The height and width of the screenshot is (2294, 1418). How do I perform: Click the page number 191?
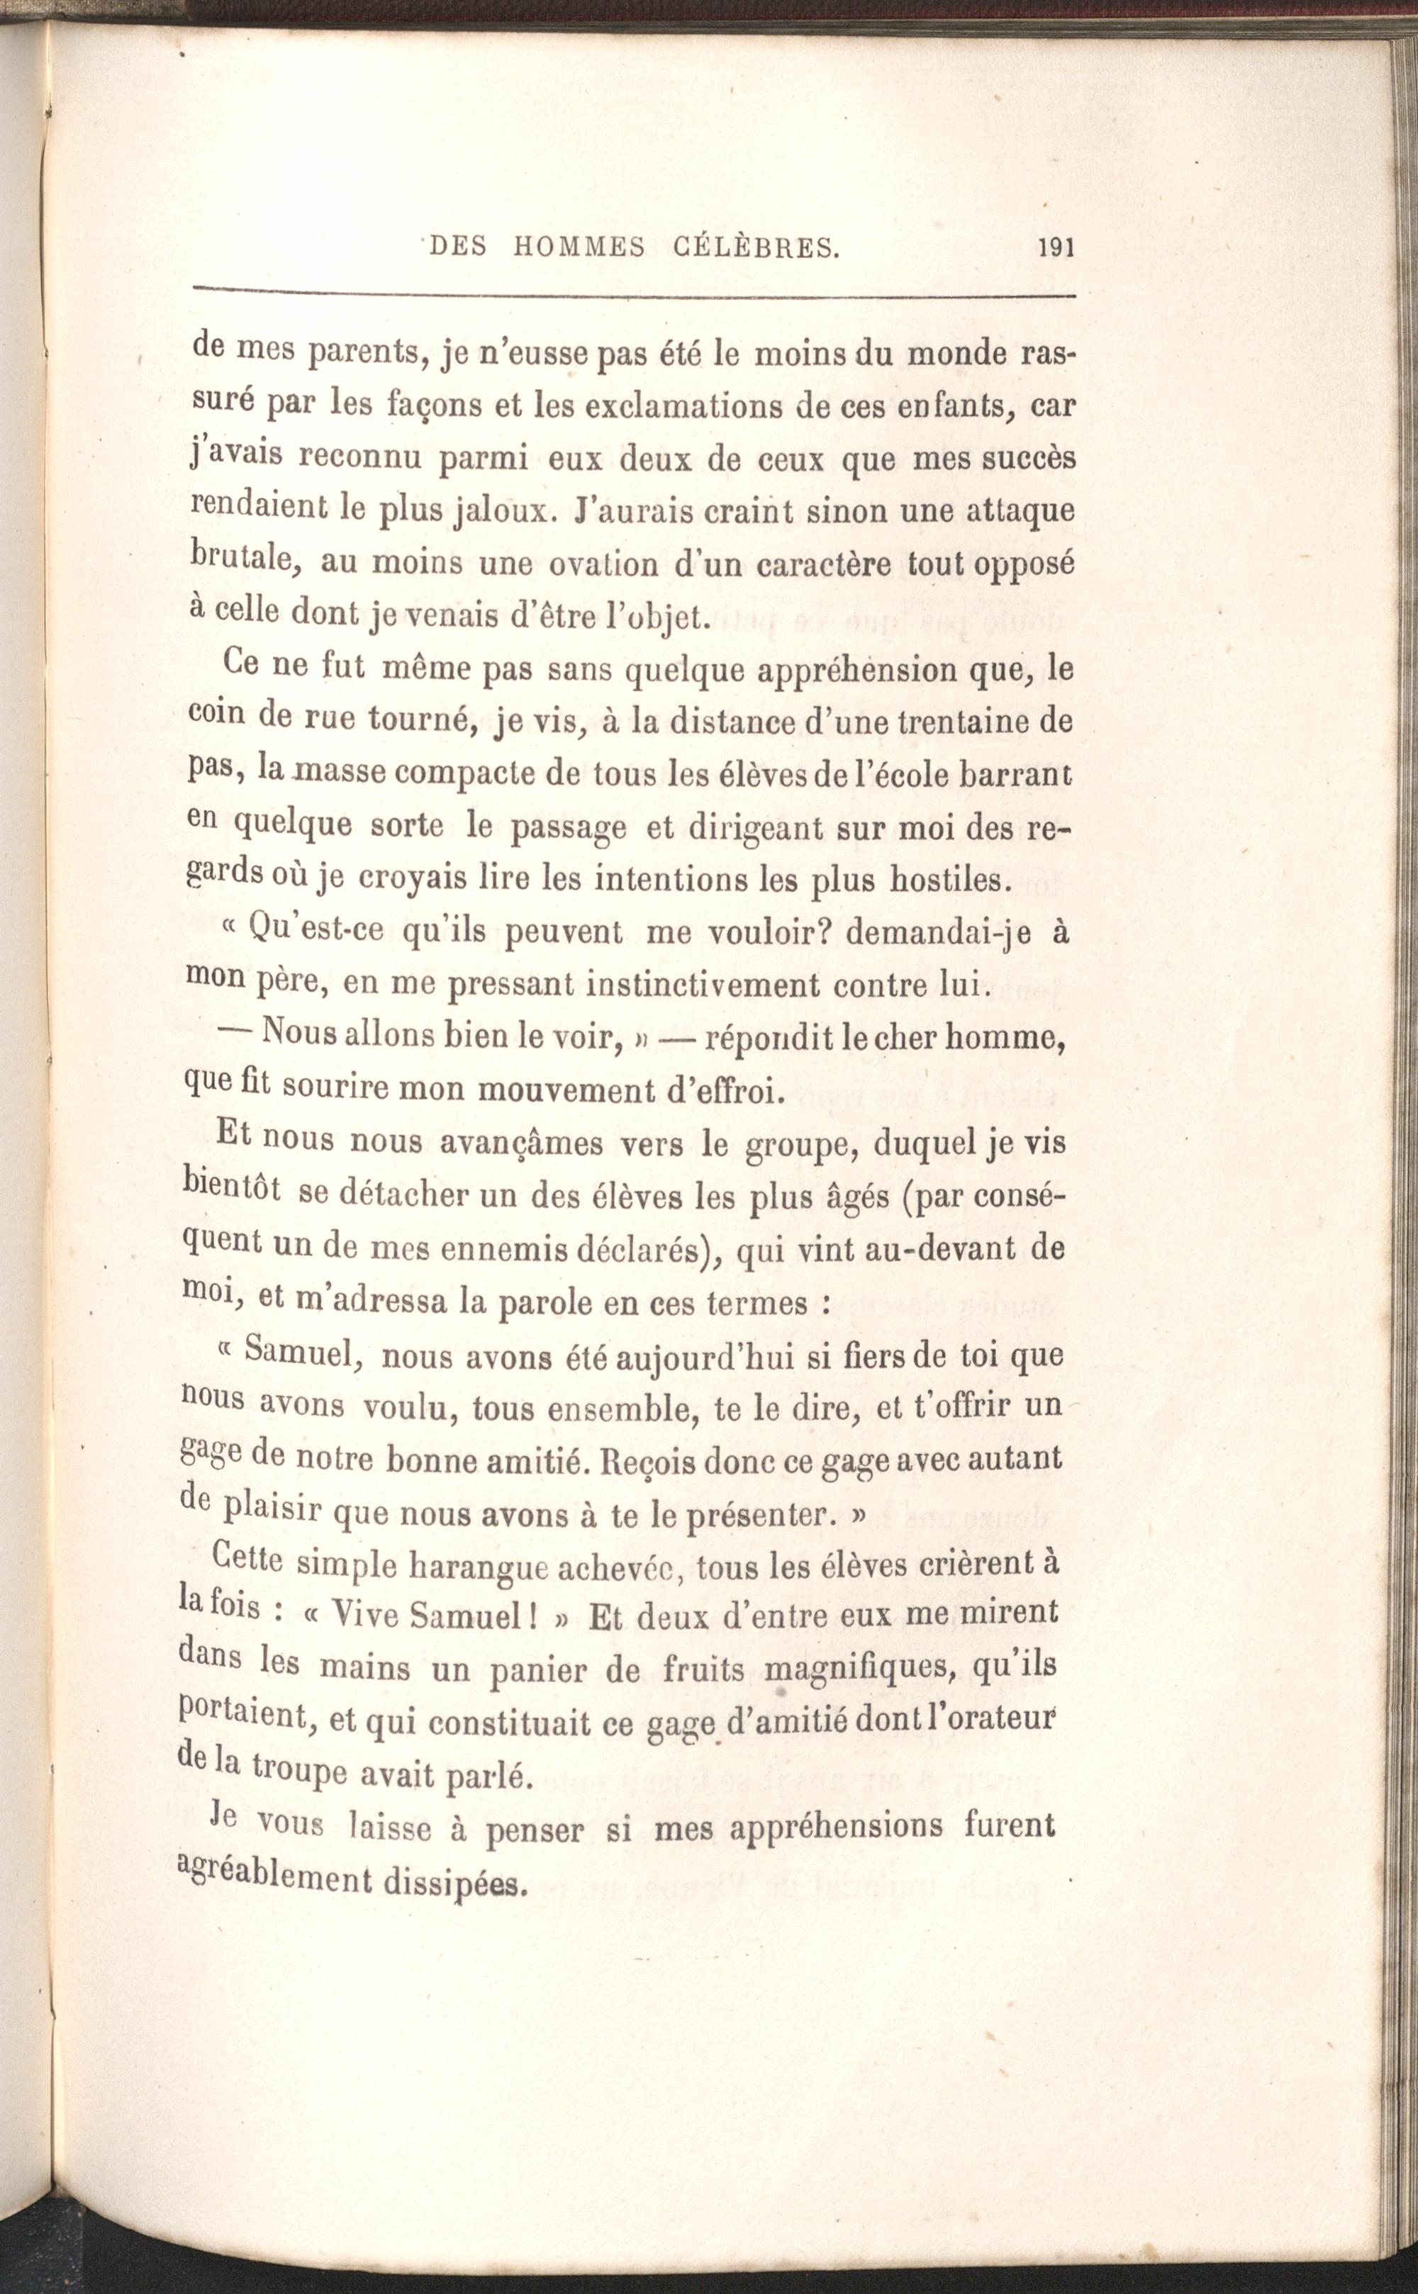pyautogui.click(x=1055, y=248)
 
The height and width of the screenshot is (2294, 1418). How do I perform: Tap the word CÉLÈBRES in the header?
pyautogui.click(x=755, y=247)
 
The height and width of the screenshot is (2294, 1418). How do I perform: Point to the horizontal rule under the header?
pyautogui.click(x=633, y=293)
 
